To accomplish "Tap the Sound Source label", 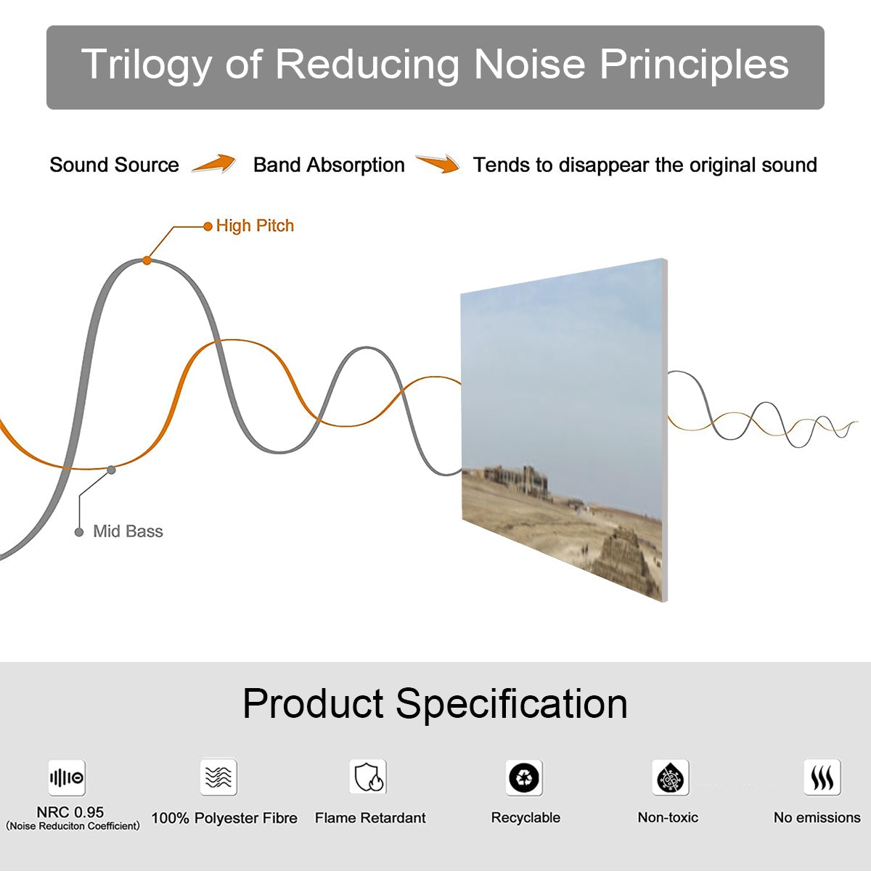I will click(x=114, y=165).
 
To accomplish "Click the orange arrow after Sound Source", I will click(x=214, y=164).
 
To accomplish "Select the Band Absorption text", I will click(x=329, y=165).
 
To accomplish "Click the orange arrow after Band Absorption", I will click(x=438, y=164).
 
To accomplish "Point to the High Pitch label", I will click(x=255, y=226).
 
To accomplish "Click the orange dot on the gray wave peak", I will click(x=147, y=260).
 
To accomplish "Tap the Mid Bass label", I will click(x=128, y=531).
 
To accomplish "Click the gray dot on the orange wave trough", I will click(x=111, y=470).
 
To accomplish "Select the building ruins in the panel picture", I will click(x=516, y=479).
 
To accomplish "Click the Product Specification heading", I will click(x=435, y=703).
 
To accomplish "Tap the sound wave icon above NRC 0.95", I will click(x=67, y=778).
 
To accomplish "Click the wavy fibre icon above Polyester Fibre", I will click(x=218, y=777).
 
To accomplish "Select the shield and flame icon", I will click(x=368, y=777).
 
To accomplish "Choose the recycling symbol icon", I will click(x=524, y=777).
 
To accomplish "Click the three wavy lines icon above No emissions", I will click(x=822, y=777).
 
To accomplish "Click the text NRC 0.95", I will click(x=70, y=812).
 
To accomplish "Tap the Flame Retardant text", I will click(x=370, y=818).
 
